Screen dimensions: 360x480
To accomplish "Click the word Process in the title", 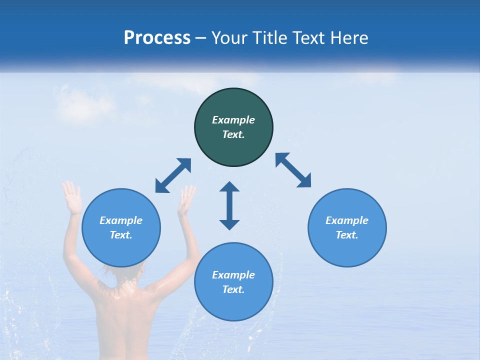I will (x=157, y=38).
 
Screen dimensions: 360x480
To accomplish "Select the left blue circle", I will (x=121, y=250).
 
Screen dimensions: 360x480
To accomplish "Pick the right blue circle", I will (x=347, y=250).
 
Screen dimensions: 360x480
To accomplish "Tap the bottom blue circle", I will (x=233, y=305).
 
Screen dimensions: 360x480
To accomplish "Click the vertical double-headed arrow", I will (x=229, y=205).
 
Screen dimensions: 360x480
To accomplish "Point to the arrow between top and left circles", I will (x=173, y=175).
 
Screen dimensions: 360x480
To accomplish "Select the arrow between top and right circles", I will (x=293, y=170).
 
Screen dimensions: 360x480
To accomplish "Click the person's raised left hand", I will (x=72, y=197).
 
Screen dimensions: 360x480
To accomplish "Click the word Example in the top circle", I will (x=233, y=120).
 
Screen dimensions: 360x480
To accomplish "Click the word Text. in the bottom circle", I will (x=233, y=289).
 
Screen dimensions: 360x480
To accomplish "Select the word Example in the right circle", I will (x=347, y=220).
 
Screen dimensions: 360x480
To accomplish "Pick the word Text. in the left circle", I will (x=121, y=235).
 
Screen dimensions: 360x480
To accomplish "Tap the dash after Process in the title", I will (x=201, y=38).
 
